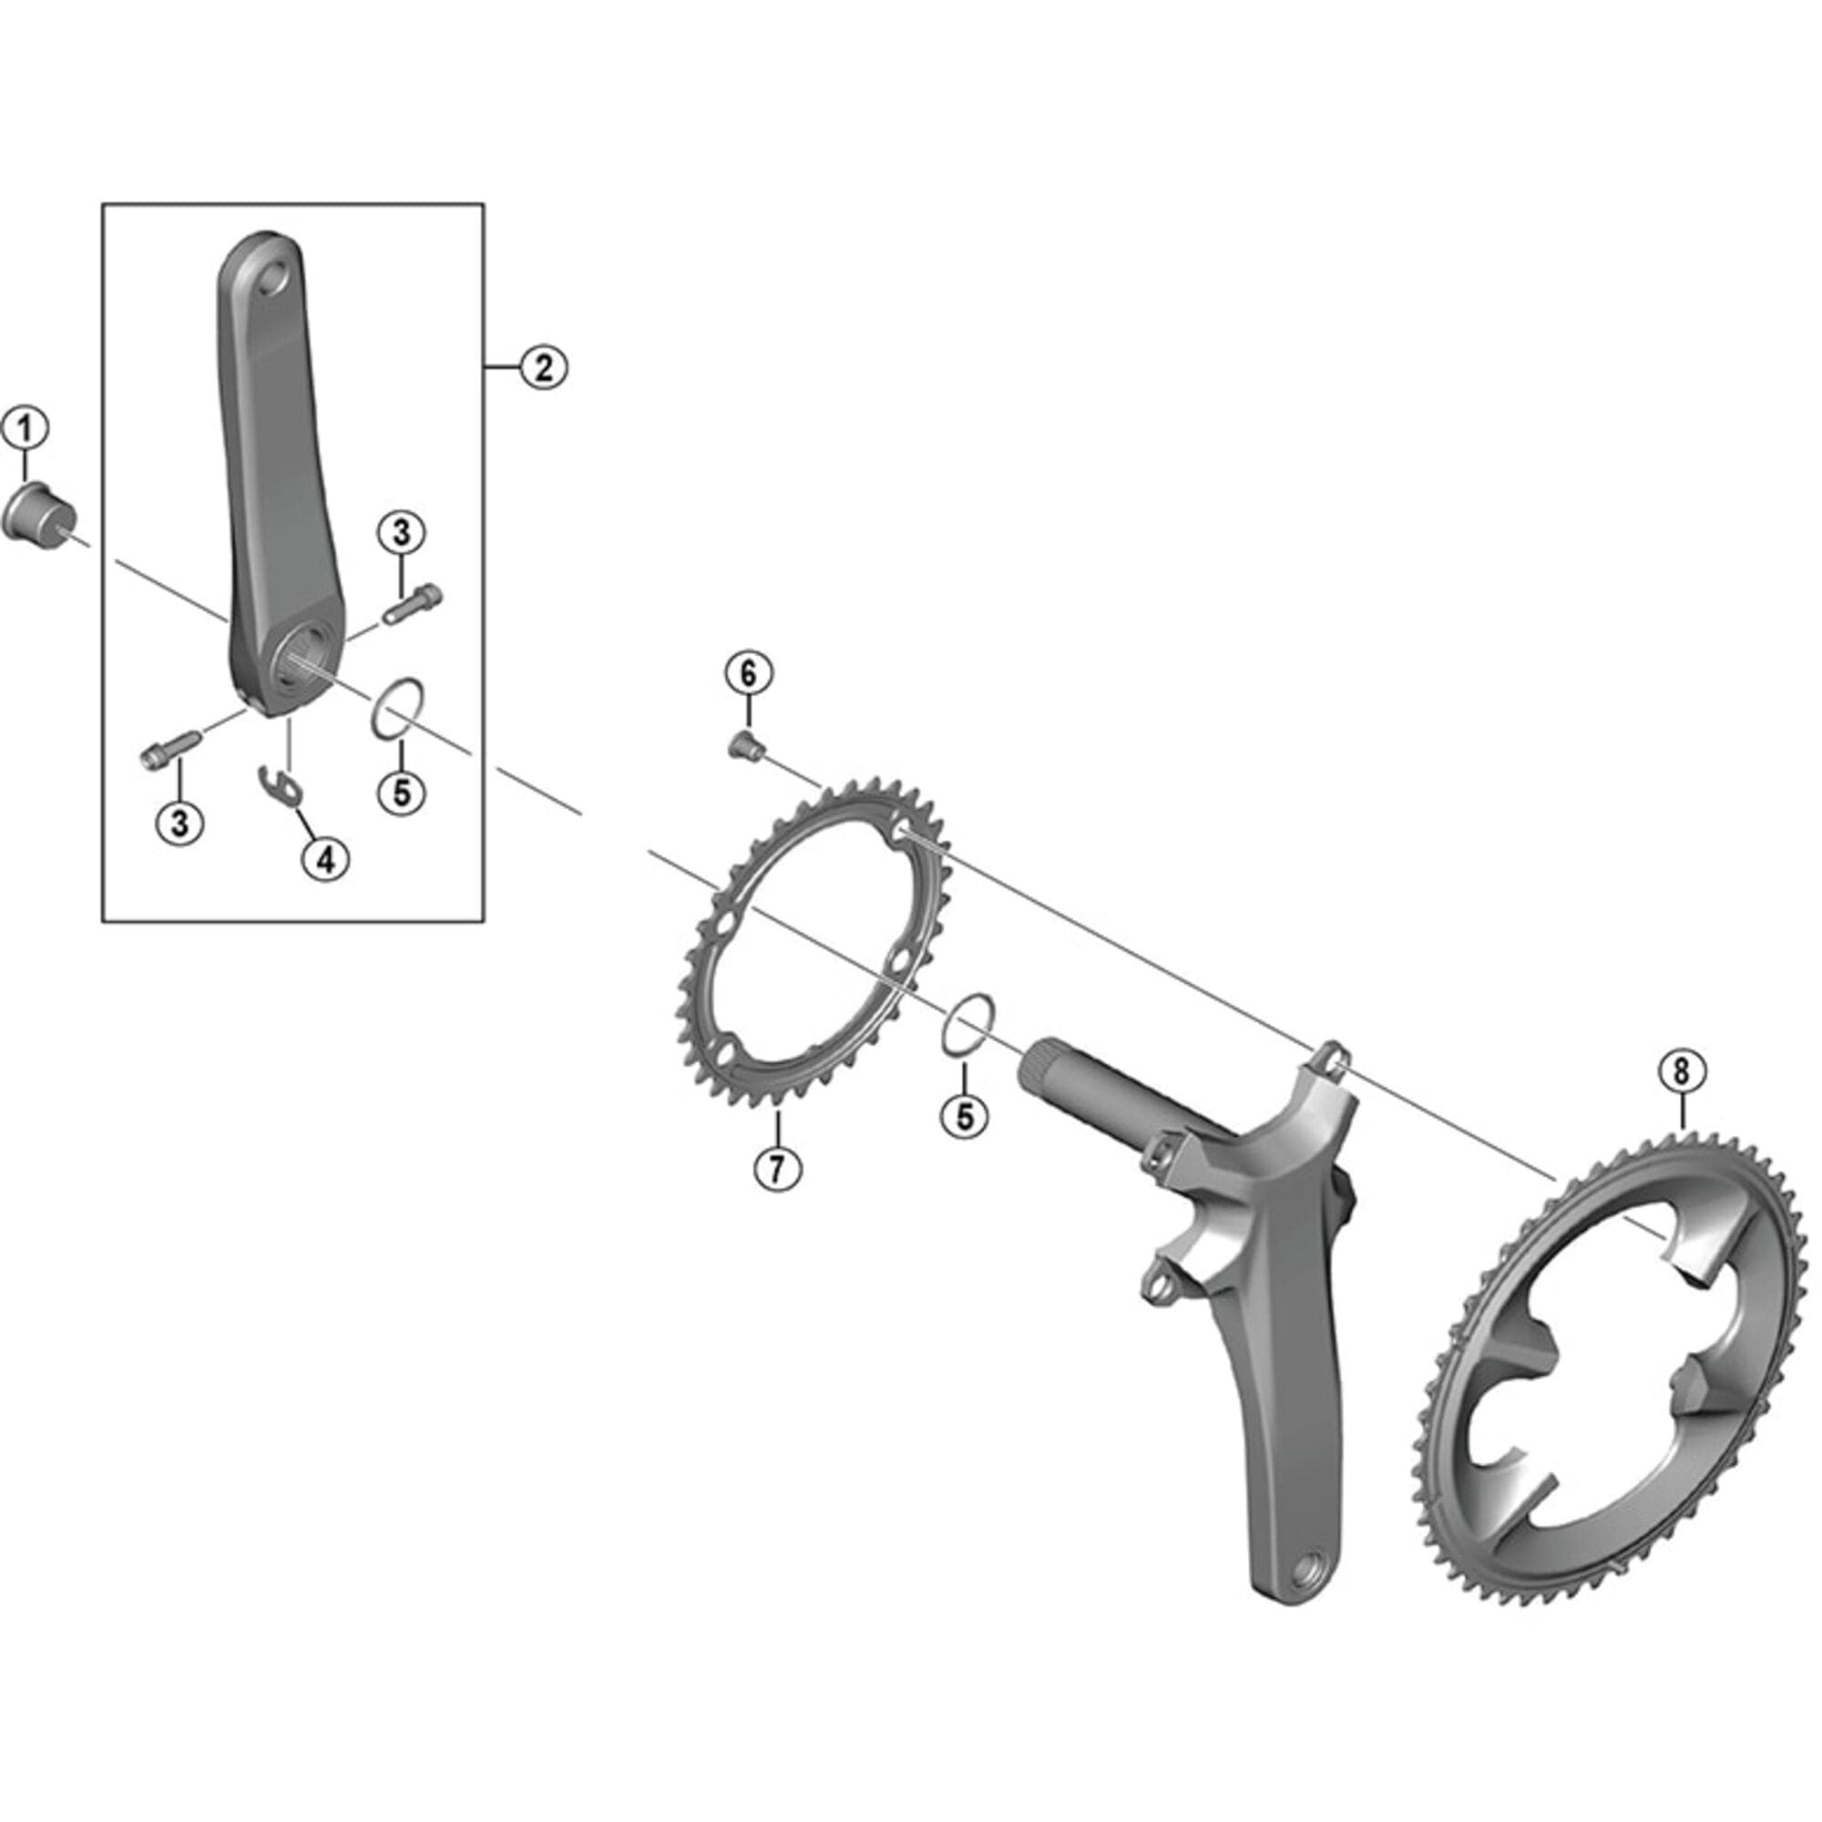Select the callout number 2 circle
[544, 367]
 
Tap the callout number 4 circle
[325, 858]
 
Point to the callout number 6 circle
[748, 674]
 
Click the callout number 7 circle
[777, 1169]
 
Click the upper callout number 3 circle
[402, 534]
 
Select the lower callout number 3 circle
[179, 823]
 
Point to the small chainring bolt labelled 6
[747, 748]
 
